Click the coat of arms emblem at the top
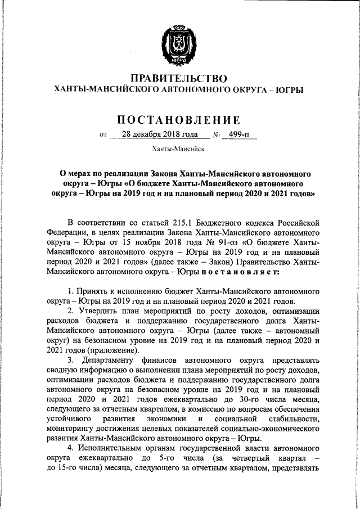179,40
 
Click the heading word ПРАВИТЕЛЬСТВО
179,78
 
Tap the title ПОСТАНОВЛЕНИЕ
179,120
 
